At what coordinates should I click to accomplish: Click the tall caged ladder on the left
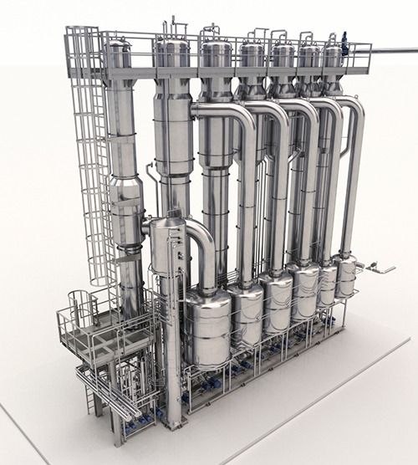(x=89, y=159)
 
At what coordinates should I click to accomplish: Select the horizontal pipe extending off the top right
(x=393, y=51)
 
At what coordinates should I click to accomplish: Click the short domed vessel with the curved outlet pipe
(x=166, y=243)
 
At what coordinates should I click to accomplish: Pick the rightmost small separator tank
(x=345, y=276)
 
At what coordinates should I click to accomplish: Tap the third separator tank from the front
(x=278, y=299)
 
